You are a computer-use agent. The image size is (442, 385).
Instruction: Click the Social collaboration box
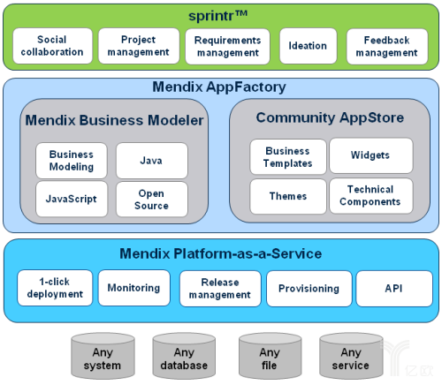(x=53, y=46)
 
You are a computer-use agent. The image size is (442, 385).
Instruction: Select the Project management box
(x=139, y=46)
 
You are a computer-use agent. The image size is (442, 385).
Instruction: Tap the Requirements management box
(x=227, y=47)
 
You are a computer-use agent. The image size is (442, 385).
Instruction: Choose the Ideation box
(x=308, y=46)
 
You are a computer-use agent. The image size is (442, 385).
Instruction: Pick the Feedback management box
(x=387, y=47)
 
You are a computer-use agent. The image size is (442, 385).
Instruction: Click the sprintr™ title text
(x=217, y=15)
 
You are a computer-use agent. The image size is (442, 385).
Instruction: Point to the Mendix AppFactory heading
(x=219, y=87)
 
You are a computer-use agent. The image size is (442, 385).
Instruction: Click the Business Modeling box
(x=72, y=161)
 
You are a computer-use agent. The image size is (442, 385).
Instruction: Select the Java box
(x=152, y=161)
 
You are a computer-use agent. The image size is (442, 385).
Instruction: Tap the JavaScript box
(x=72, y=199)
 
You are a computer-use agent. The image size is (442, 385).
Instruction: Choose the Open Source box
(x=152, y=200)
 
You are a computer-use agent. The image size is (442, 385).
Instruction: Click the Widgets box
(x=371, y=155)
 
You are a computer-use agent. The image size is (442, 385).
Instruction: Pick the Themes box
(x=288, y=196)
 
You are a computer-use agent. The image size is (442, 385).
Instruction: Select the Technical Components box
(x=371, y=196)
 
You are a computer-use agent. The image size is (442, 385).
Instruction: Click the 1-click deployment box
(x=55, y=288)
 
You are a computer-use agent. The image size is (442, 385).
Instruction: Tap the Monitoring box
(x=134, y=288)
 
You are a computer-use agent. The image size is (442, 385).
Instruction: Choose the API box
(x=394, y=289)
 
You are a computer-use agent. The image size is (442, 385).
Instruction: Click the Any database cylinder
(x=184, y=356)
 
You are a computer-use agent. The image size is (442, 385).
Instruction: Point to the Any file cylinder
(x=270, y=356)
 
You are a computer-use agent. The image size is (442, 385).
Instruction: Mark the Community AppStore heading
(x=330, y=117)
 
